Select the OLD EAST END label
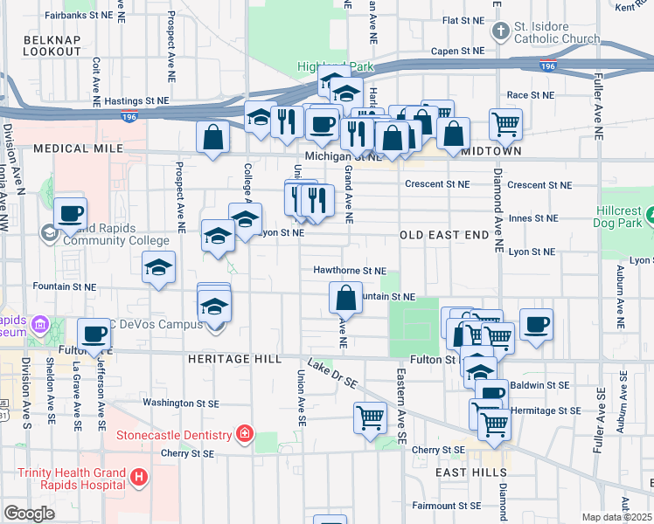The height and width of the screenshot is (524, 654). tap(444, 236)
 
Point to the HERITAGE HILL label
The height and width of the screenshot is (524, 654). tap(233, 359)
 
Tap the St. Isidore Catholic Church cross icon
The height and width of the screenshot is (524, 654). tap(500, 32)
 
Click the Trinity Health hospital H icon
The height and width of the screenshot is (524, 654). tap(139, 477)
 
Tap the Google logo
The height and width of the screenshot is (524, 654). tap(30, 514)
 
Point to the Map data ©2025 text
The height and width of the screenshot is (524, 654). tap(617, 517)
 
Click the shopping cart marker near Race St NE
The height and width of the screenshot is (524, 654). tap(505, 123)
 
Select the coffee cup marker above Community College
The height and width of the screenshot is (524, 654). tap(70, 213)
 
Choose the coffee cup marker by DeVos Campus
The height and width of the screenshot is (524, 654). tap(94, 333)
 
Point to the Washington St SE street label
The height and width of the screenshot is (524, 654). tap(179, 403)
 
